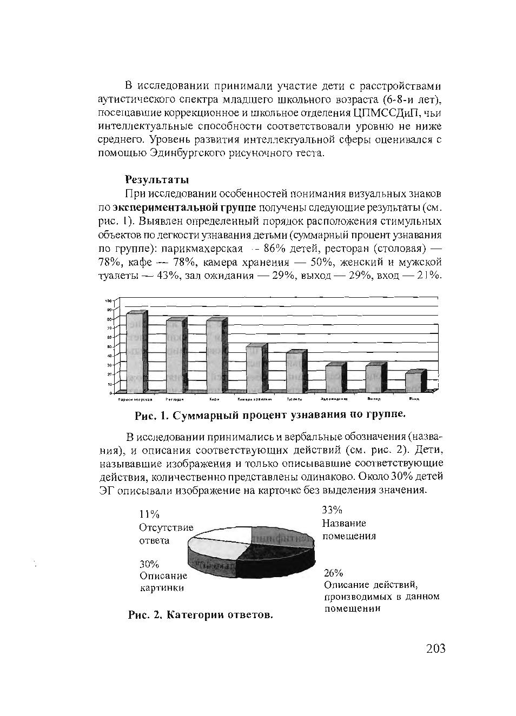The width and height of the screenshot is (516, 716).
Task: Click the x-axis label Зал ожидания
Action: pos(333,399)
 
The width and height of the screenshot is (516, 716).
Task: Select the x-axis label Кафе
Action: pos(214,399)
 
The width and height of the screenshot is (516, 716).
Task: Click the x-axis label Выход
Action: pos(374,399)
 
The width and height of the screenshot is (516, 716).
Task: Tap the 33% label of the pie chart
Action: pos(332,510)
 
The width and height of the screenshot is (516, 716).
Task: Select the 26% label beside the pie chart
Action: pos(334,573)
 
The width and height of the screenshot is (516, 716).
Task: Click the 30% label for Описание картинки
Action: pos(149,564)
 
